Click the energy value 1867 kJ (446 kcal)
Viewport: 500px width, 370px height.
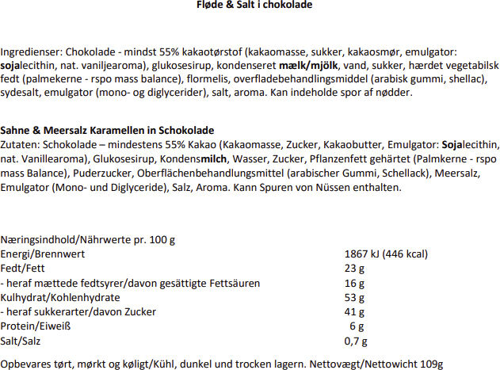coord(387,254)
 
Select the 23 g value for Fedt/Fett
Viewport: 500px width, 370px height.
coord(355,269)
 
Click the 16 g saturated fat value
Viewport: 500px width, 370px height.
coord(355,283)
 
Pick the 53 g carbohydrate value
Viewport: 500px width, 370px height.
coord(355,297)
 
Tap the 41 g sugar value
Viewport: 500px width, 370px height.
coord(355,312)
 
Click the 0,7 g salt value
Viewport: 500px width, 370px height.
coord(358,341)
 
